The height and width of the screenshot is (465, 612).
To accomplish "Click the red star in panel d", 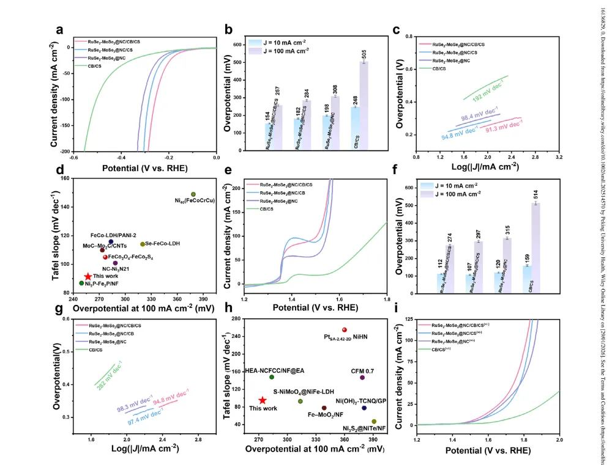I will (88, 277).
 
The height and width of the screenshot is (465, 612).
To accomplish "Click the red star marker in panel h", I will (263, 400).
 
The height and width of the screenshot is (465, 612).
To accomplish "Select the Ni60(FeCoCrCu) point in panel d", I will (193, 194).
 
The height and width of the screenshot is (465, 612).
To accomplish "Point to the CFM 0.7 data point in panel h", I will (362, 378).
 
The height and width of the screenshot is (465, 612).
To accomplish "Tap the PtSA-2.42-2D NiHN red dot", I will (345, 330).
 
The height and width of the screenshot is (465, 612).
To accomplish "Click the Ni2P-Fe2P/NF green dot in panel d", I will (81, 283).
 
